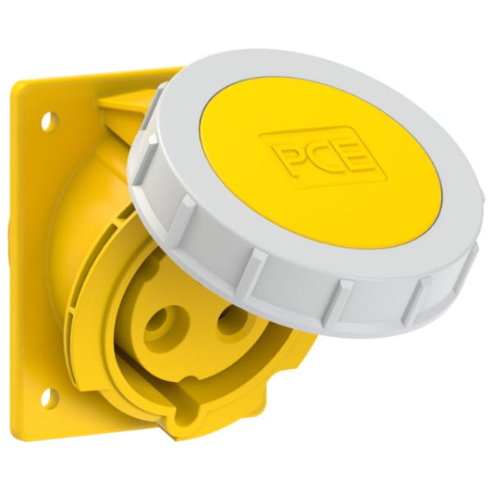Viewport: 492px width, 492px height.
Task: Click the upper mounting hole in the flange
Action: (x=51, y=121)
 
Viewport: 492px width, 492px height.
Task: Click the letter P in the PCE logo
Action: (x=289, y=161)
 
